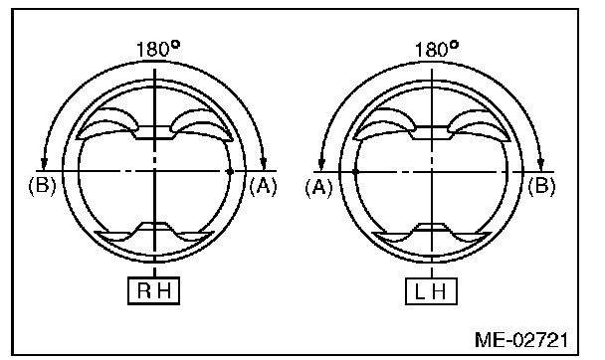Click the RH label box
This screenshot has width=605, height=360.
click(153, 290)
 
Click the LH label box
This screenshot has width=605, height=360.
click(432, 291)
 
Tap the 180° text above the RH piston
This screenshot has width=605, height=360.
click(158, 49)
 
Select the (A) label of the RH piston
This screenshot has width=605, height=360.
click(263, 187)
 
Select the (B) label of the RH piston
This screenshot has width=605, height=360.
click(42, 186)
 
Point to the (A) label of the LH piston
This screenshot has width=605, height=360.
click(318, 188)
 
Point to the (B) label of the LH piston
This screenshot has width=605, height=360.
click(541, 186)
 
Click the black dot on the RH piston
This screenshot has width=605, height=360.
click(230, 171)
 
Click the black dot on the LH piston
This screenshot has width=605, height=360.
click(355, 171)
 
